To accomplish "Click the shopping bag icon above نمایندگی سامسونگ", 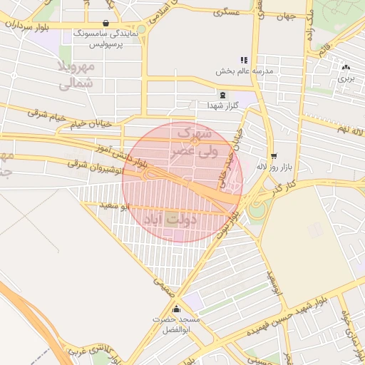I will [106, 23].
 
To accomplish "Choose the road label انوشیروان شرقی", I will [96, 168].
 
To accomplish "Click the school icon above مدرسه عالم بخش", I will [244, 61].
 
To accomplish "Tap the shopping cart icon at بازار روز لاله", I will [274, 155].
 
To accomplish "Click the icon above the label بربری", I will [346, 67].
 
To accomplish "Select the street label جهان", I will [286, 16].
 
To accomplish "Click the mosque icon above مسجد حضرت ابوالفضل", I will [176, 309].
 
